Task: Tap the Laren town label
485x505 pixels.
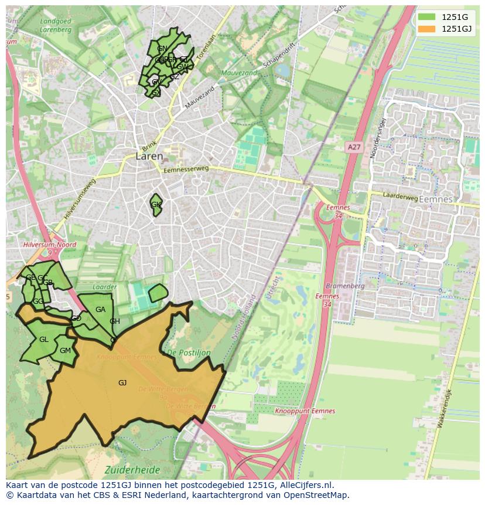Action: tap(149, 157)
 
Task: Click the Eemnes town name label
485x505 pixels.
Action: tap(436, 199)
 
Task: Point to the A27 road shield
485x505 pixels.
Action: tap(353, 148)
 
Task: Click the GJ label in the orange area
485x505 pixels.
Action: tap(122, 383)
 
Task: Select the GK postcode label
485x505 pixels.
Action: tap(156, 205)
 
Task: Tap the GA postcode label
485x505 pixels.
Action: tap(100, 310)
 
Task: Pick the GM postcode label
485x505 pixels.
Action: tap(65, 351)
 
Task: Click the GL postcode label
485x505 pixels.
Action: tap(44, 340)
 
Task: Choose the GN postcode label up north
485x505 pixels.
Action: tap(162, 49)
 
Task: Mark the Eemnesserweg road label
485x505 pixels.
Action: tap(186, 170)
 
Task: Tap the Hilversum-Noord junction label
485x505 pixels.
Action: tap(50, 245)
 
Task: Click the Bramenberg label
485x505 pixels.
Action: tap(345, 286)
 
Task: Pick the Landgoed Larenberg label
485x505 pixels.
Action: tap(56, 25)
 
